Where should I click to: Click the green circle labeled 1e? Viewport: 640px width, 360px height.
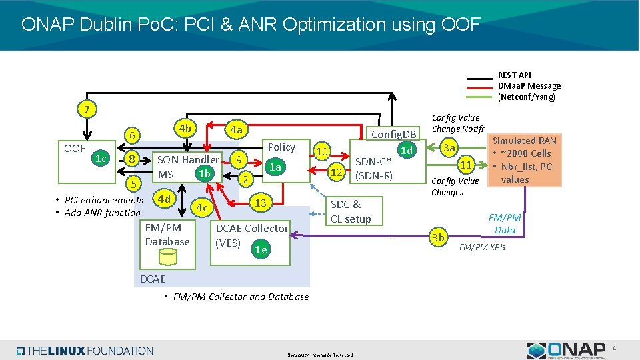click(261, 250)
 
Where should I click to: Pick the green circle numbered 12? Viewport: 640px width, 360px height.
click(337, 173)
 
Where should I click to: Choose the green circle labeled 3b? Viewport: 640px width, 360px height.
click(438, 237)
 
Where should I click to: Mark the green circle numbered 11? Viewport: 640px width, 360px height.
click(467, 165)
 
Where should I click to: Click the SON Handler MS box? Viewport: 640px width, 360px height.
click(187, 167)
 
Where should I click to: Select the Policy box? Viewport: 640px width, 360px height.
click(281, 147)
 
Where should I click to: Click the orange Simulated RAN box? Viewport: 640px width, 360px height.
click(524, 160)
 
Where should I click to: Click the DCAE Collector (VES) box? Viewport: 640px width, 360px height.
click(251, 235)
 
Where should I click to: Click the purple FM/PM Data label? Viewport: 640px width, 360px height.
click(505, 223)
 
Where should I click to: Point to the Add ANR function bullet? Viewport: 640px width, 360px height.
click(102, 213)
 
